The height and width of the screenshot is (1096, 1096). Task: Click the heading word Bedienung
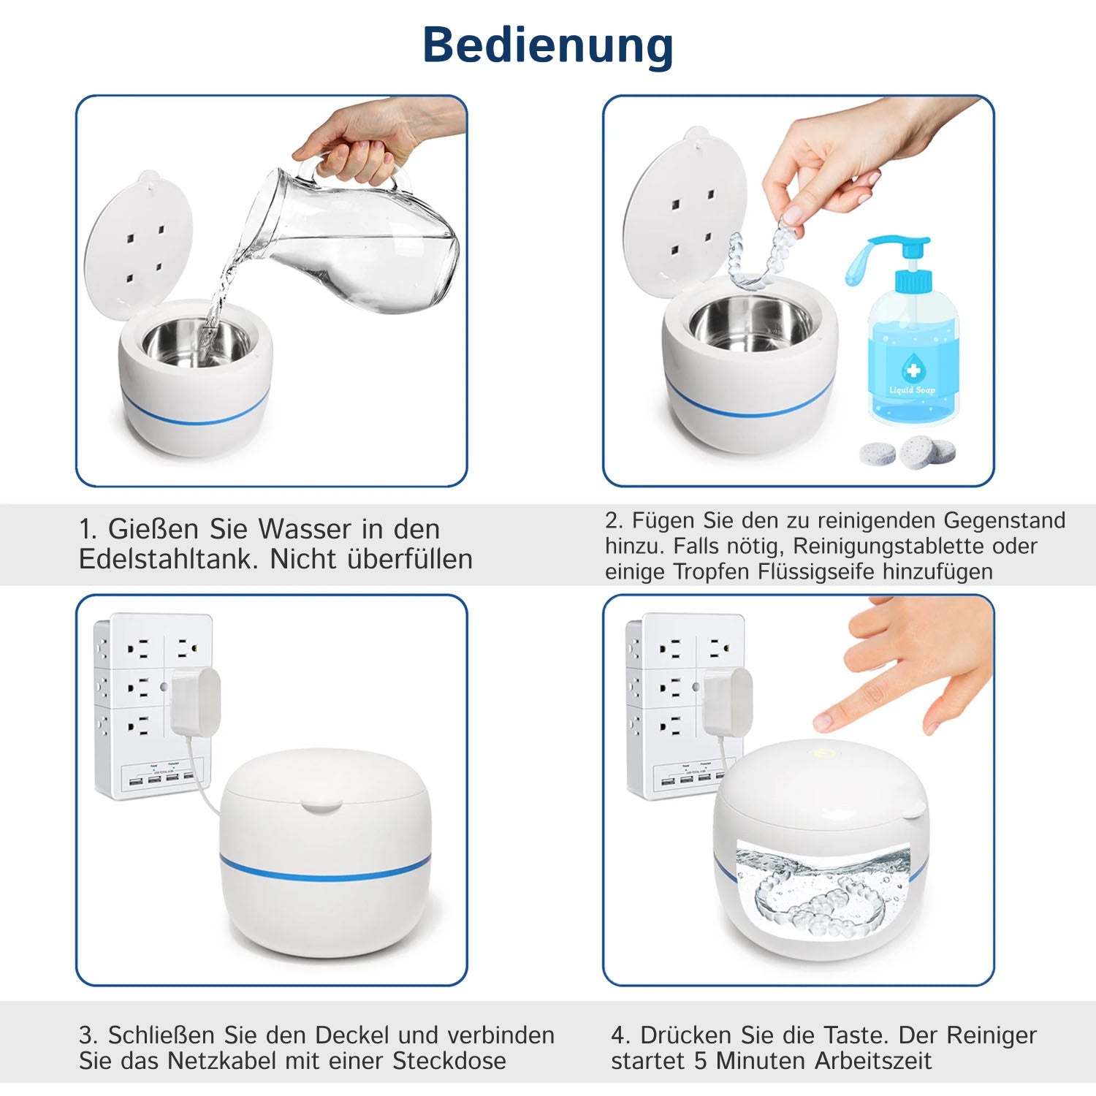coord(548,45)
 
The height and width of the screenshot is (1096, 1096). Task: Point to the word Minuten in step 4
coord(768,1060)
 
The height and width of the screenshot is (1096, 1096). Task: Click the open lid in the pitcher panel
coord(139,241)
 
